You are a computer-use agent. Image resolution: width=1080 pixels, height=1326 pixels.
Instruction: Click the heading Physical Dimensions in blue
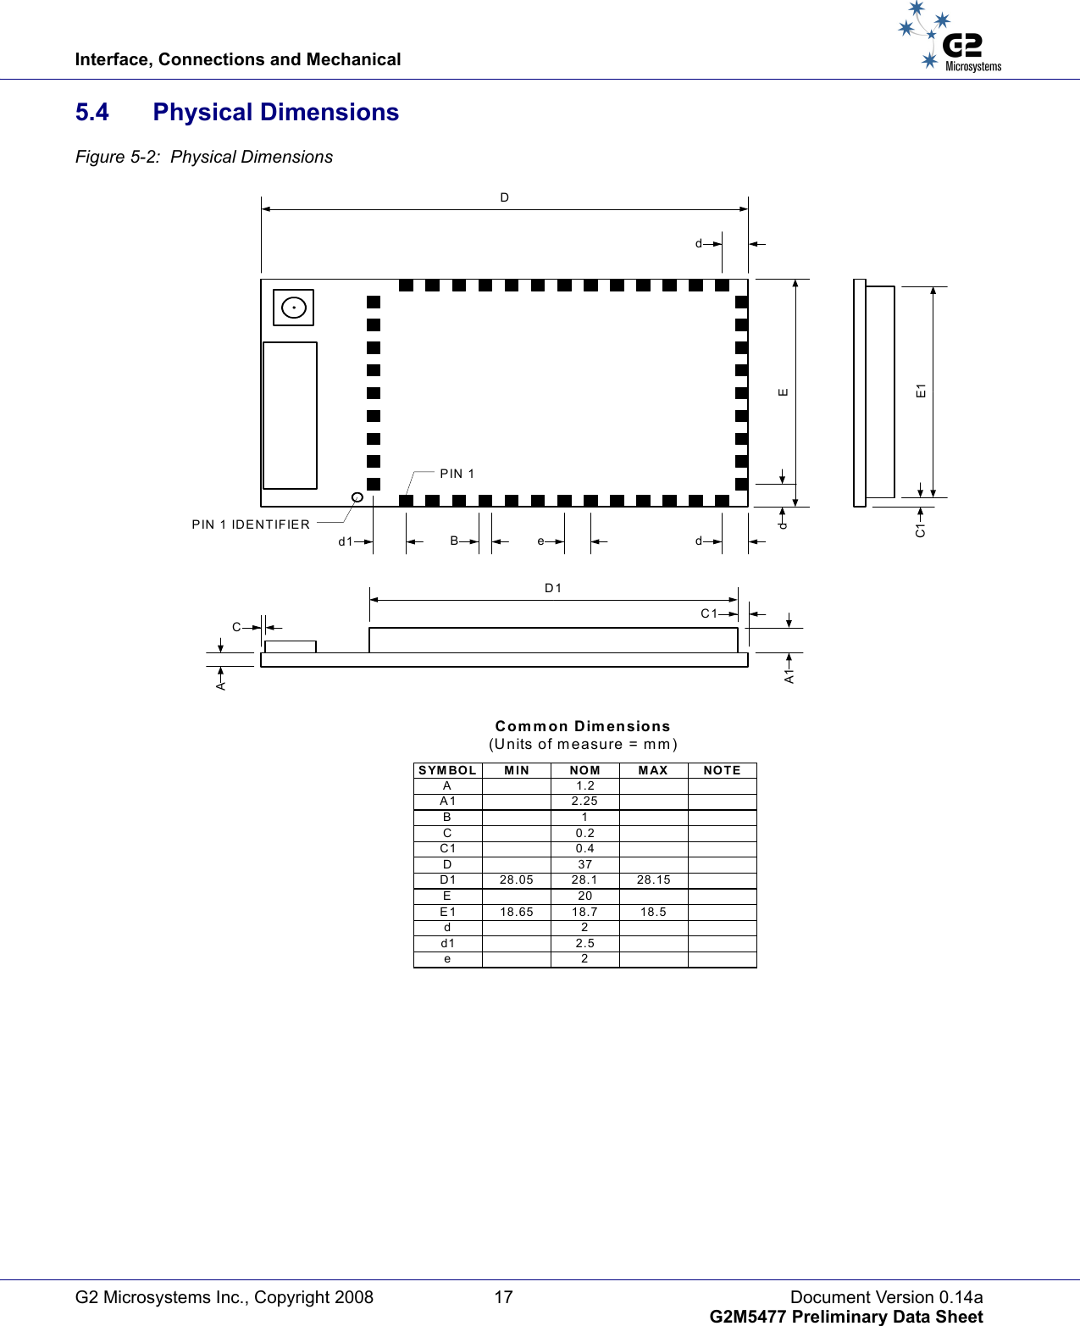coord(275,113)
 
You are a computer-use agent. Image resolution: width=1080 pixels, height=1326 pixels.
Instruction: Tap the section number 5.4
coord(92,113)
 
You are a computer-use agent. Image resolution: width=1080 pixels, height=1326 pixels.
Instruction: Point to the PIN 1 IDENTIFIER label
coord(251,524)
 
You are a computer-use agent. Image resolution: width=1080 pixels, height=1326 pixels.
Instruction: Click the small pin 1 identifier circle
coord(357,497)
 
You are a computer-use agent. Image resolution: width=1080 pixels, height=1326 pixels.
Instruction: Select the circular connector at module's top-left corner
coord(294,308)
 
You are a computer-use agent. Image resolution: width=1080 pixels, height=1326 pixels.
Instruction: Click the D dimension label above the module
coord(505,197)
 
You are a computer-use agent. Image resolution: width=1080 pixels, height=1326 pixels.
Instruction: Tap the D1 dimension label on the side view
coord(553,588)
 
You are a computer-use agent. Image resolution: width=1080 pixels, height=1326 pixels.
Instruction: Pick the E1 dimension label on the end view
coord(921,391)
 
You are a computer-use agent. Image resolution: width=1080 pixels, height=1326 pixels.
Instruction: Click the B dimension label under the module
coord(454,541)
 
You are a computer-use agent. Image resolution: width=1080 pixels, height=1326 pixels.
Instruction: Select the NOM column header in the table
coord(584,770)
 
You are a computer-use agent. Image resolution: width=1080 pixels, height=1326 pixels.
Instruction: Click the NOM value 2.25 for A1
coord(584,801)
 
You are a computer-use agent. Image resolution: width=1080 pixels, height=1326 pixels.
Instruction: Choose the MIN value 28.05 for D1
coord(516,879)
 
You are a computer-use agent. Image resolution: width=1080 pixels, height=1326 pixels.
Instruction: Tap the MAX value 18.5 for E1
coord(653,912)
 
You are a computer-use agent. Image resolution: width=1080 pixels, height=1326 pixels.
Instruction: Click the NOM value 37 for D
coord(584,864)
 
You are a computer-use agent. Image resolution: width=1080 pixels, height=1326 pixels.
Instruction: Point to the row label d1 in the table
coord(447,943)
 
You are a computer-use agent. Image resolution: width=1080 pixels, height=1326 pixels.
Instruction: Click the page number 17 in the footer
coord(504,1297)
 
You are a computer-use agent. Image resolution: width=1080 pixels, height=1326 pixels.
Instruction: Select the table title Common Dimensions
coord(583,726)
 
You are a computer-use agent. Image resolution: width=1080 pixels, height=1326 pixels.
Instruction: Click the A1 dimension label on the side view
coord(789,675)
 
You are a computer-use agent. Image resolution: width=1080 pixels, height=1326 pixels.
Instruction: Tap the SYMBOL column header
coord(447,770)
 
